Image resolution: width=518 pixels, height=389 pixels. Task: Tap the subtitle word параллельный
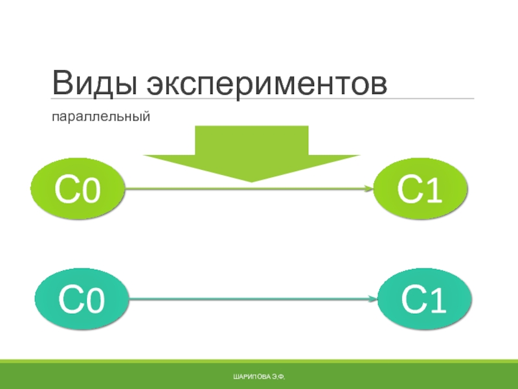pyautogui.click(x=101, y=117)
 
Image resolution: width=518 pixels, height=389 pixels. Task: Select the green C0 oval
pyautogui.click(x=78, y=189)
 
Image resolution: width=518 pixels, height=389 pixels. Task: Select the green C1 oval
pyautogui.click(x=420, y=189)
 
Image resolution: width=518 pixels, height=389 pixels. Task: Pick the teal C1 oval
pyautogui.click(x=424, y=299)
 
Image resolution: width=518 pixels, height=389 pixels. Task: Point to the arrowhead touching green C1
pyautogui.click(x=370, y=189)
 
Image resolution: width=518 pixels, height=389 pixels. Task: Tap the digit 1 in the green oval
pyautogui.click(x=434, y=190)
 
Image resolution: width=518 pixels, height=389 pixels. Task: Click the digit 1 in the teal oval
pyautogui.click(x=438, y=300)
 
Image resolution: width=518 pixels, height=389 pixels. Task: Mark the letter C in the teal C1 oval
pyautogui.click(x=412, y=299)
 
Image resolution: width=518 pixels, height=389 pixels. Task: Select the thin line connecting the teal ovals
pyautogui.click(x=253, y=299)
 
